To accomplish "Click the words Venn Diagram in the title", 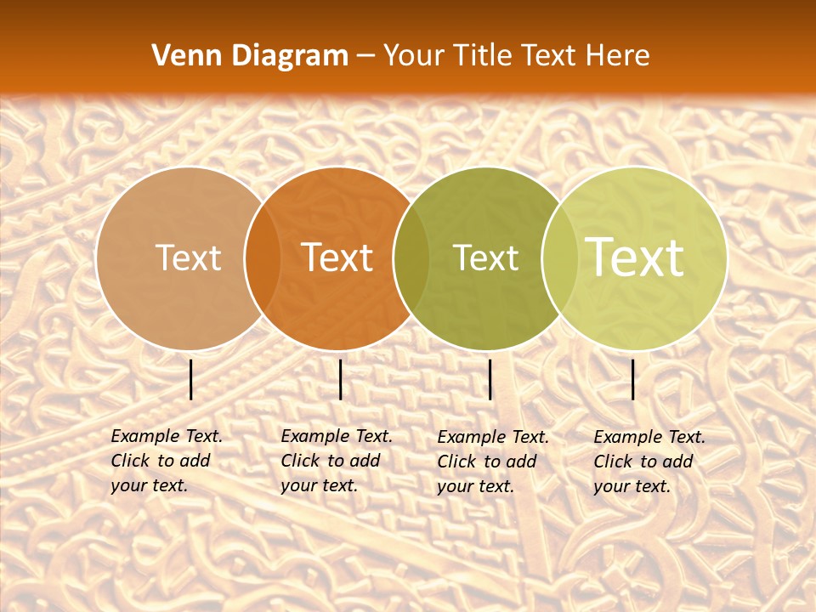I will tap(250, 56).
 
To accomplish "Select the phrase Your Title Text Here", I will tap(517, 56).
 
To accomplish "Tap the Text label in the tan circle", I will tap(188, 258).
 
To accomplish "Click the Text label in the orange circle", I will tap(337, 258).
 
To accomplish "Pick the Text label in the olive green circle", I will tap(485, 258).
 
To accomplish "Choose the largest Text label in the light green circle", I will tap(635, 258).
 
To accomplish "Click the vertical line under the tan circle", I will tap(191, 379).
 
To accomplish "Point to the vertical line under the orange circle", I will tap(340, 379).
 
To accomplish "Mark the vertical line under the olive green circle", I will tap(490, 379).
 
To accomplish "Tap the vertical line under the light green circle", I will tap(633, 379).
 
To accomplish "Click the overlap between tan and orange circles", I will tap(263, 258).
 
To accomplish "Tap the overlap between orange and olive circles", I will tap(411, 258).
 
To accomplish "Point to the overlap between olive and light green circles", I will tap(560, 258).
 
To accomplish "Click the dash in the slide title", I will tap(365, 57).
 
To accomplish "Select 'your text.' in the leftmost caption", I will tap(149, 485).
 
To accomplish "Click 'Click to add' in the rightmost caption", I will tap(643, 462).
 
